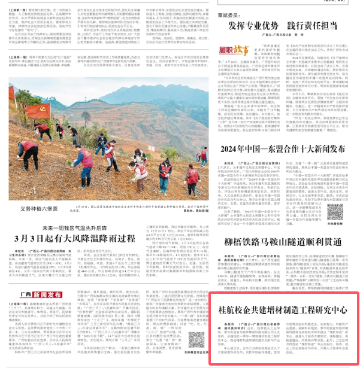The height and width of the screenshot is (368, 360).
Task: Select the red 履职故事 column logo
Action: [234, 61]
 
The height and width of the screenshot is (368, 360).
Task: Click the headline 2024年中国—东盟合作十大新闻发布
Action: [283, 149]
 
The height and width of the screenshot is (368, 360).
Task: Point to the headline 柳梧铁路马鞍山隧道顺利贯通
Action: [282, 242]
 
